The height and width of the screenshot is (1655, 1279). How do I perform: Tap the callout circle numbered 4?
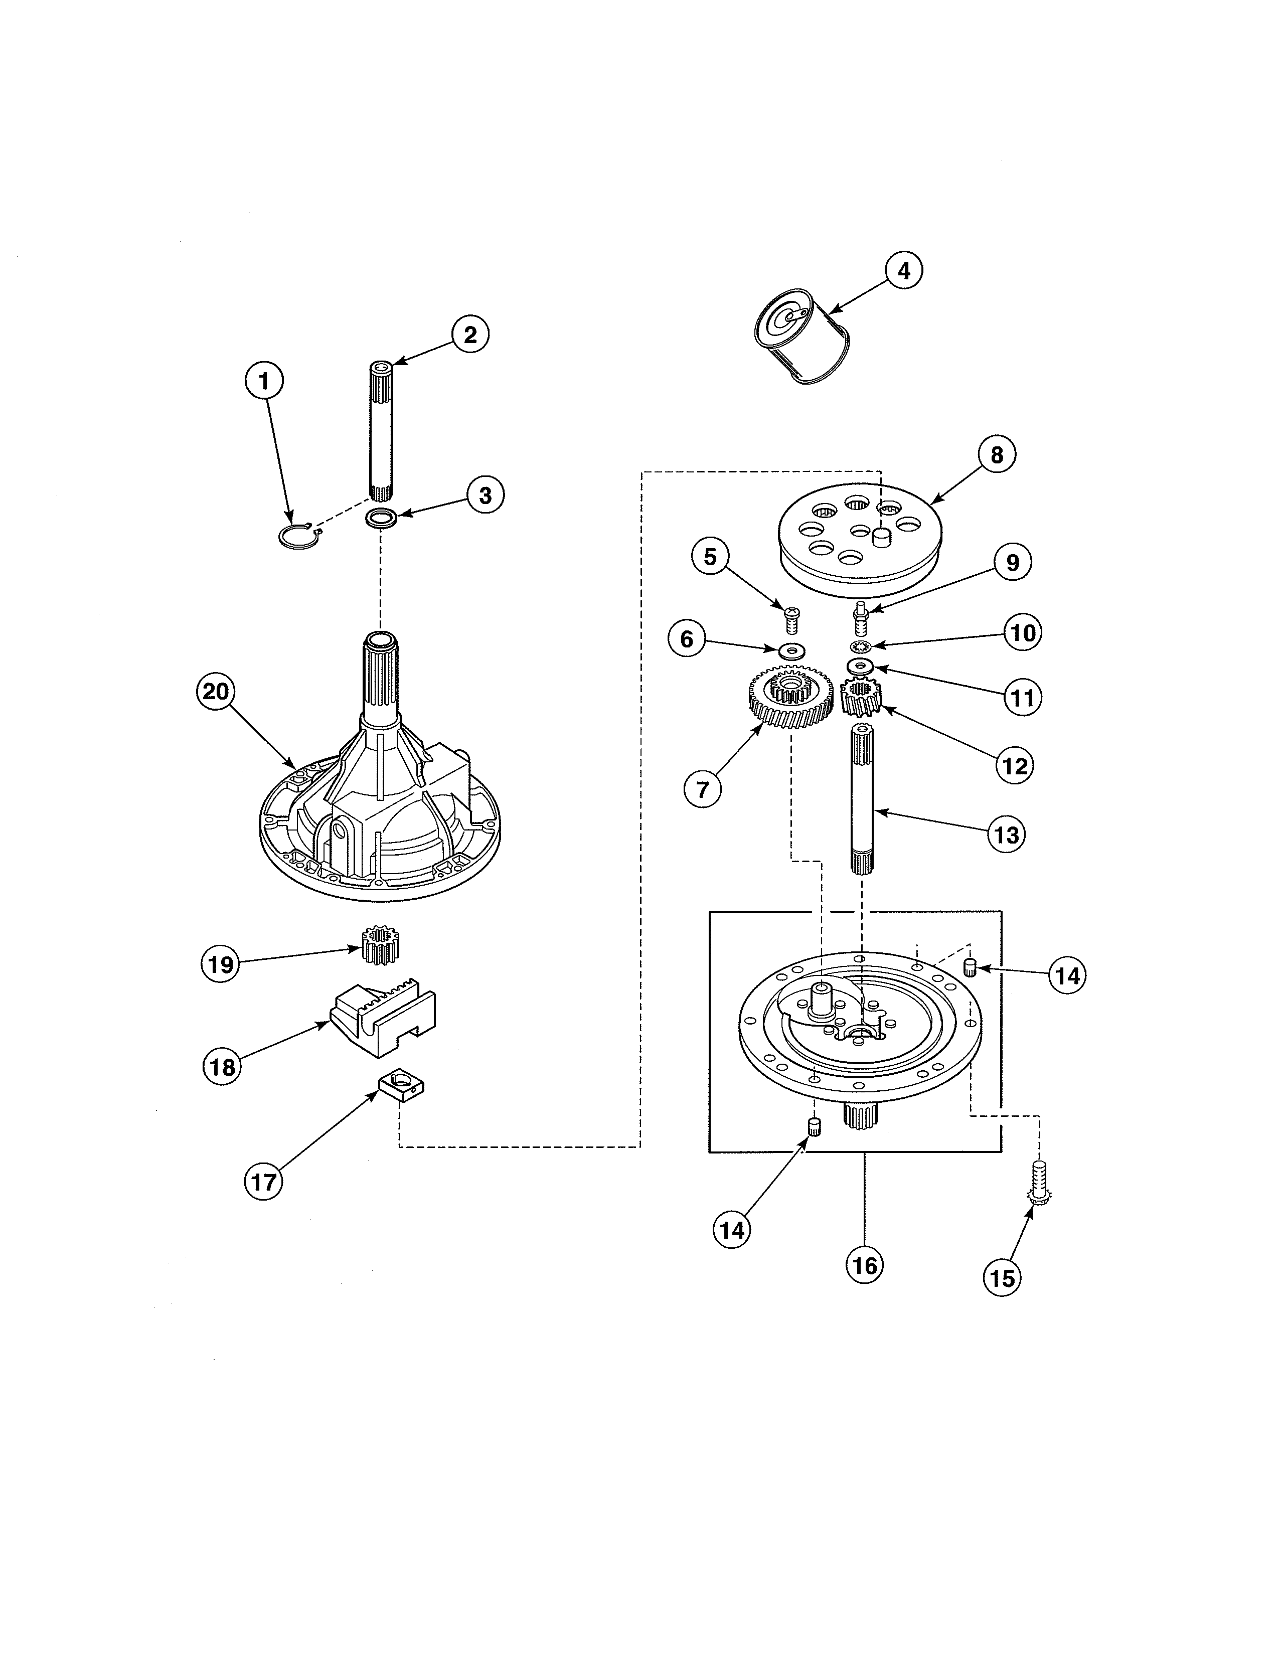[904, 270]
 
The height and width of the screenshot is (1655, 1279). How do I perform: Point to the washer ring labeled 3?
[381, 519]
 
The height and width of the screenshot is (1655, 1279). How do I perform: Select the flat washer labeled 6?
[791, 649]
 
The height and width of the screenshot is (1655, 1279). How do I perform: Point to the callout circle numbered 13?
[1006, 835]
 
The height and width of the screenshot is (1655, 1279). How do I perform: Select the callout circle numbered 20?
[215, 692]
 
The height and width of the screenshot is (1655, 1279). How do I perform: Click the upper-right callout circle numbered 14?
[1067, 975]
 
